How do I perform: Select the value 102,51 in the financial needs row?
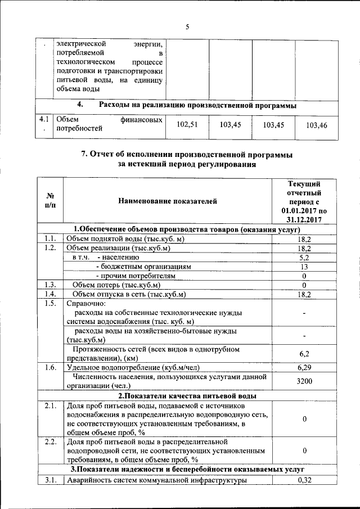tap(188, 125)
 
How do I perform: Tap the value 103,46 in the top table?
tap(317, 125)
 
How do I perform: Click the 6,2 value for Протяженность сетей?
tap(304, 354)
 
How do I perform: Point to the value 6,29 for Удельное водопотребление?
tap(304, 367)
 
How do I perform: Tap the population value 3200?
tap(304, 381)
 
